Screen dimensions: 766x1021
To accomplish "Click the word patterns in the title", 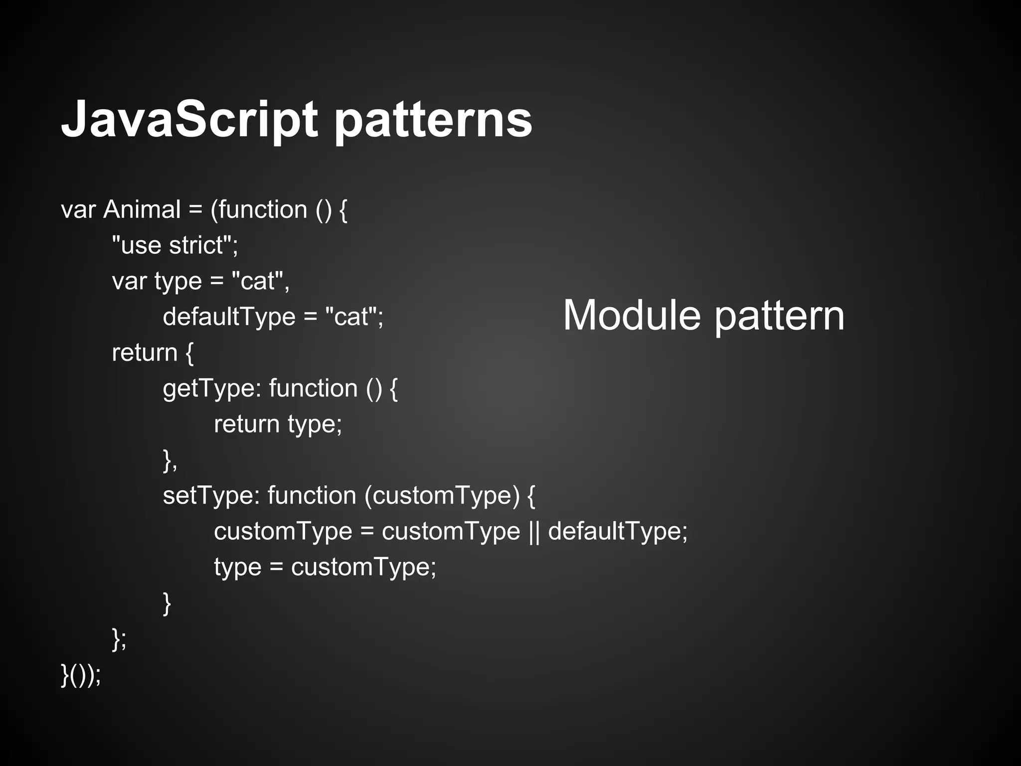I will click(x=433, y=120).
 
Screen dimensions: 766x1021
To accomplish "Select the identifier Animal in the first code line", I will click(x=142, y=209).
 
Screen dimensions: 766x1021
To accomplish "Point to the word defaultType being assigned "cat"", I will click(x=229, y=317).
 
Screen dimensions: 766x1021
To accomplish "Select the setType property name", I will click(x=209, y=496).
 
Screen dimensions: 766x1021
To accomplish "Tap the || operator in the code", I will click(x=533, y=531).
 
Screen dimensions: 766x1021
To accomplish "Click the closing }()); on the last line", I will click(x=81, y=675).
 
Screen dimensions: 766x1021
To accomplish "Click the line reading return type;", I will click(x=278, y=424).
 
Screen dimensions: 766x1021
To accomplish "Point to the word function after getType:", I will click(x=313, y=388).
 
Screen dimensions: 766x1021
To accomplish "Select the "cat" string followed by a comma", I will click(x=258, y=281).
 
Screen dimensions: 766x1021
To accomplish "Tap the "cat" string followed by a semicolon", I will click(x=351, y=317).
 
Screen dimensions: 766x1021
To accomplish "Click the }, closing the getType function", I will click(x=170, y=460).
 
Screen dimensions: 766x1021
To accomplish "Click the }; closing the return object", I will click(x=119, y=639).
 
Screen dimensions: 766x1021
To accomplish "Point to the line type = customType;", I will click(x=325, y=567).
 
